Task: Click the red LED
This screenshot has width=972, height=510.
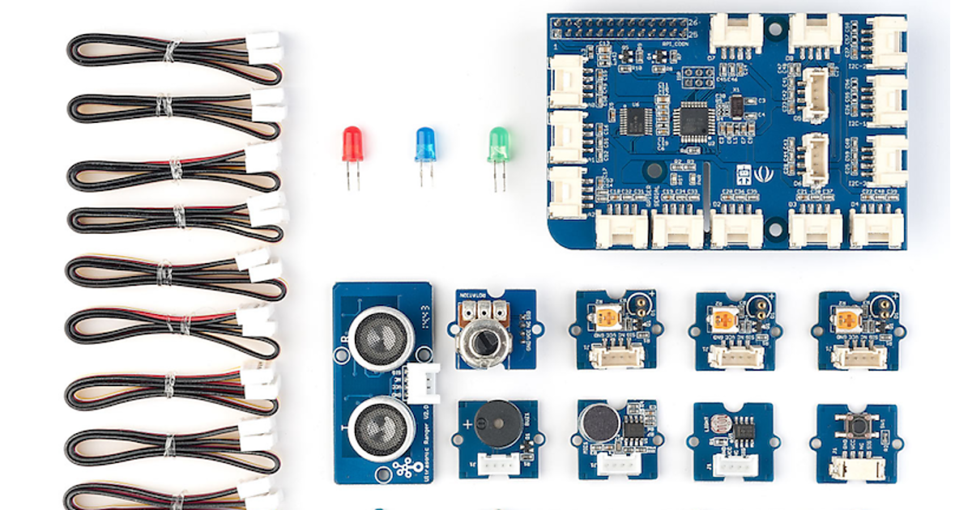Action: pyautogui.click(x=352, y=144)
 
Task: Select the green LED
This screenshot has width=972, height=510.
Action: pyautogui.click(x=497, y=144)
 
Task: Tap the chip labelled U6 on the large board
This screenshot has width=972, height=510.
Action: pyautogui.click(x=636, y=121)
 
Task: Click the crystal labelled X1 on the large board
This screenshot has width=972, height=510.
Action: pyautogui.click(x=737, y=105)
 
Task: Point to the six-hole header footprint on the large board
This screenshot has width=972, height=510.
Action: pyautogui.click(x=698, y=78)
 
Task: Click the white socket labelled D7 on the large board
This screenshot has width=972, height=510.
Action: pyautogui.click(x=735, y=34)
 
